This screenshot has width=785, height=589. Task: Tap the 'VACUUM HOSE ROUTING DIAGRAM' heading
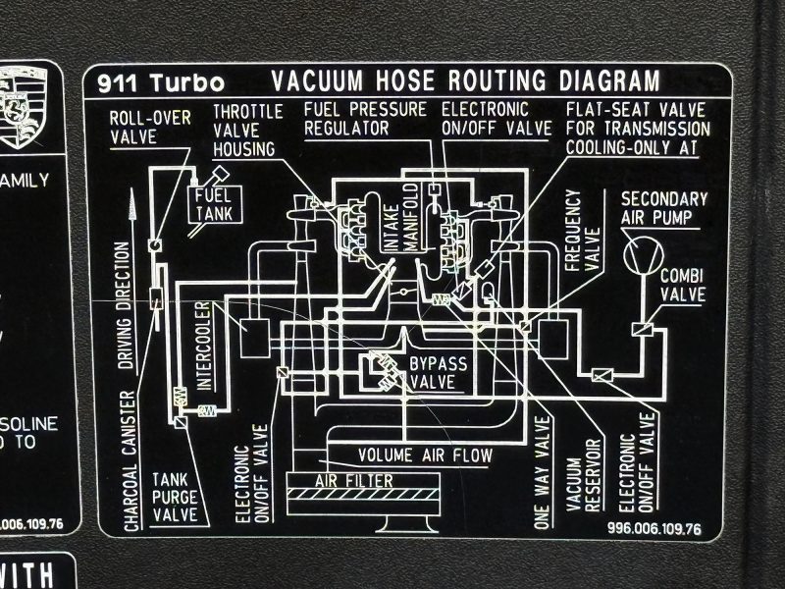tap(465, 80)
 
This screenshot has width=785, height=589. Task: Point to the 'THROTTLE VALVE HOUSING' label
tap(249, 127)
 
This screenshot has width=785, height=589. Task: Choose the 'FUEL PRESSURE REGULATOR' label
tap(363, 118)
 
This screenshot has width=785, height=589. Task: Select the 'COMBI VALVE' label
tap(683, 285)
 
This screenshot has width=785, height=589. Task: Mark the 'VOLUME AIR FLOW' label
tap(425, 455)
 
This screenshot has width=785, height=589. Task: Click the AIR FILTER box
tap(353, 481)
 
